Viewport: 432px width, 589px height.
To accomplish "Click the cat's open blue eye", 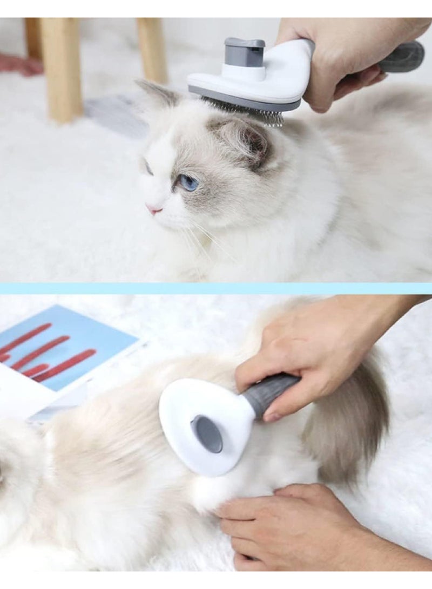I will (x=188, y=183).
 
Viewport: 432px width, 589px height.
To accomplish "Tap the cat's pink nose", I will (x=154, y=209).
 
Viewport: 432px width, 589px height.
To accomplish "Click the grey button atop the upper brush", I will (x=245, y=52).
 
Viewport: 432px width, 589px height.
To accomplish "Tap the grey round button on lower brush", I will (x=207, y=434).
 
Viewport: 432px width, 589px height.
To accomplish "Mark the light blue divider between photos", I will (x=216, y=288).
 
